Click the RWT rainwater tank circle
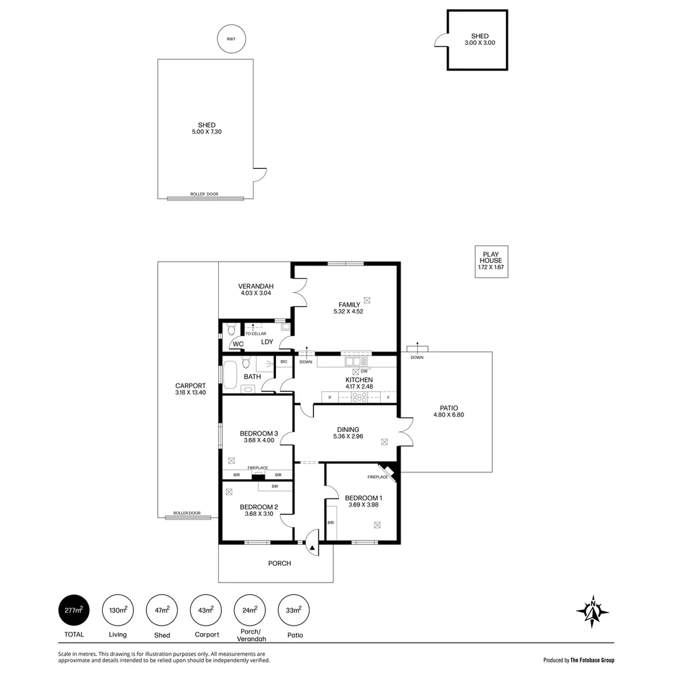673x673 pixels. pos(231,39)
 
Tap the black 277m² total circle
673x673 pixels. pos(74,611)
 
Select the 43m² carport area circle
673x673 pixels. pos(206,611)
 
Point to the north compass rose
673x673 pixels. pos(593,611)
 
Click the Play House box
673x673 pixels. pos(491,261)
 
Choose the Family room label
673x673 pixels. pos(349,305)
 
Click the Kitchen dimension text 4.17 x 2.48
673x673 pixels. pos(359,387)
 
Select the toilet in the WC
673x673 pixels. pos(231,329)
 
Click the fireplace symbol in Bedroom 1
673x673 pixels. pos(388,472)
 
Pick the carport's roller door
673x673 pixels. pos(188,517)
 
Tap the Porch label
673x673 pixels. pos(279,563)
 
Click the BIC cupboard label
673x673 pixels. pos(284,361)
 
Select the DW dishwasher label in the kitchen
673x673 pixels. pos(364,371)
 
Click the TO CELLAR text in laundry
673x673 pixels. pos(255,333)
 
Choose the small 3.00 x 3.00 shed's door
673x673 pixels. pos(441,40)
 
